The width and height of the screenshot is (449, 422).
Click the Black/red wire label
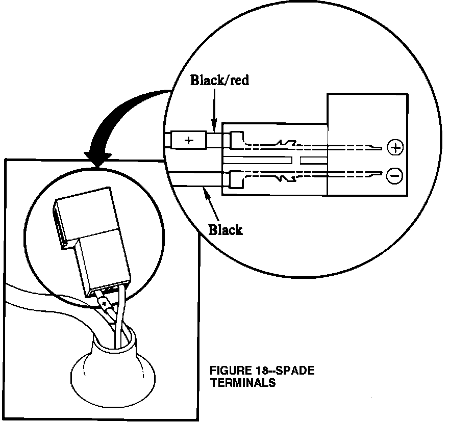(219, 80)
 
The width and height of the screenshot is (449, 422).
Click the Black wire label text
(226, 230)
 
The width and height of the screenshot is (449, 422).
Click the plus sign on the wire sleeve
(189, 140)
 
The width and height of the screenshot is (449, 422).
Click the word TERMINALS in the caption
(242, 383)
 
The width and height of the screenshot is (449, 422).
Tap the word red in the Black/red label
(238, 80)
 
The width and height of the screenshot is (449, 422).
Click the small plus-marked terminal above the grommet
(105, 304)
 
